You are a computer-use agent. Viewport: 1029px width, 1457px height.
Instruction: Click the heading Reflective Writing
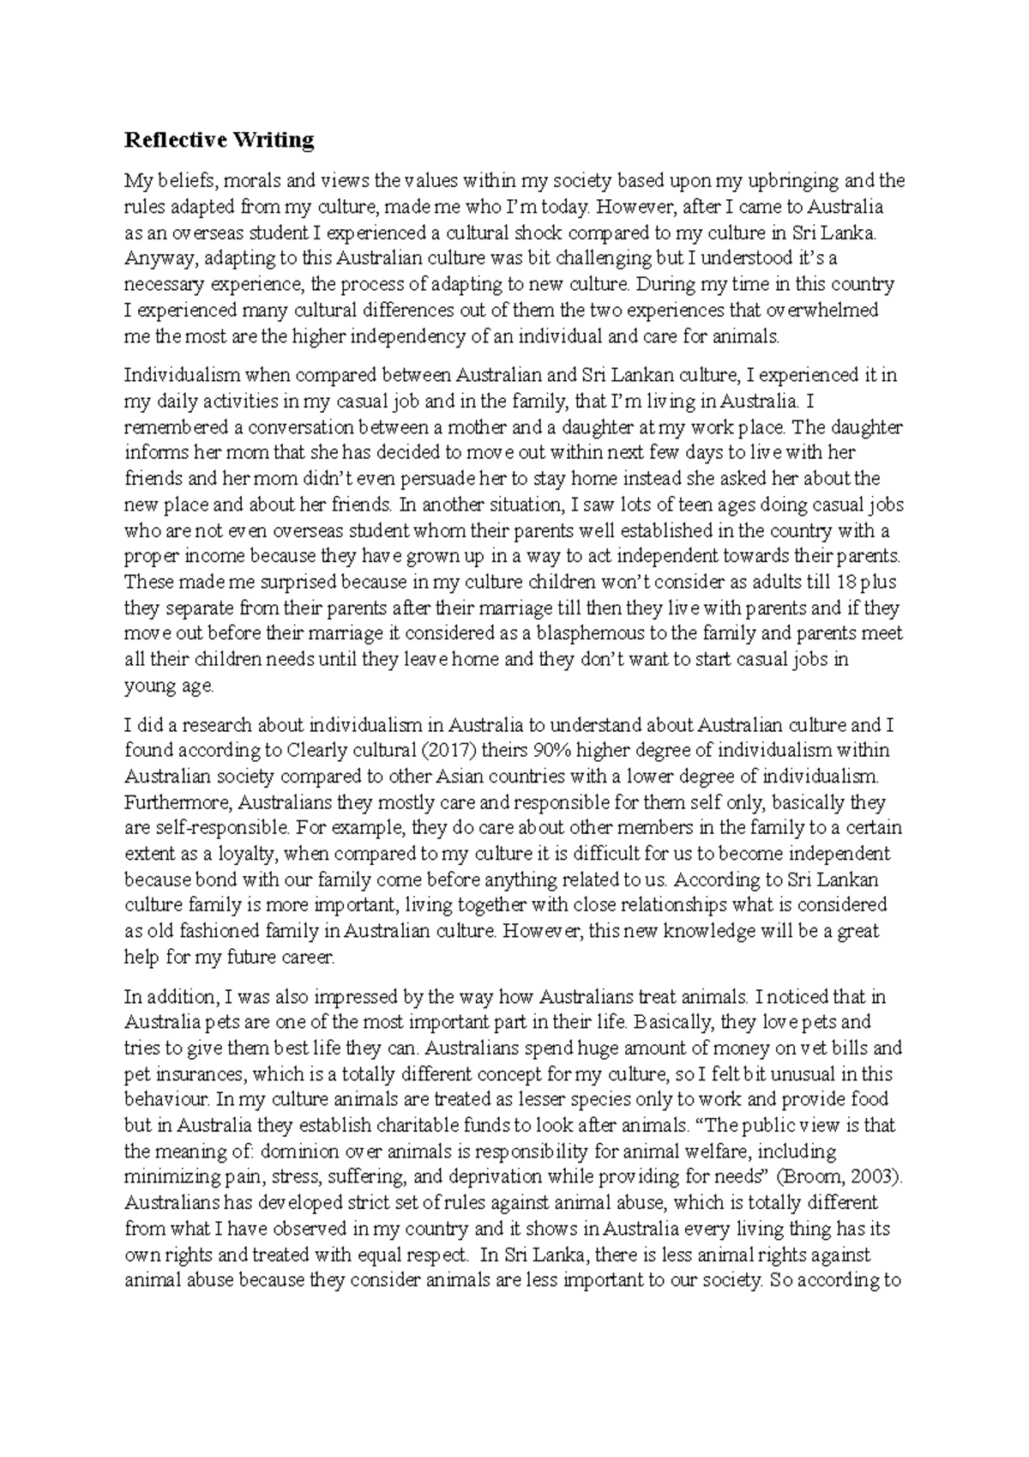220,140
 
